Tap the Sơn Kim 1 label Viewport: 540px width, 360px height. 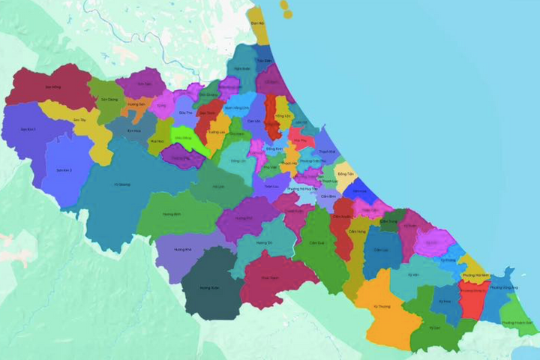point(28,130)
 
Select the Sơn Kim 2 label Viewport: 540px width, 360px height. point(64,170)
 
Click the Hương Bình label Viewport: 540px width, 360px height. point(172,214)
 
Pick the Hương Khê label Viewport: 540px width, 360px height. point(183,248)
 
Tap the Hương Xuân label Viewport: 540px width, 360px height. point(208,287)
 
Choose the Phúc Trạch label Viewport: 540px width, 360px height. point(269,277)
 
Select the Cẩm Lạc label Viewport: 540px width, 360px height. point(381,250)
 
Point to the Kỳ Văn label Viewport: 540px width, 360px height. point(414,274)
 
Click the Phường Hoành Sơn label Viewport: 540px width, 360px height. point(517,322)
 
